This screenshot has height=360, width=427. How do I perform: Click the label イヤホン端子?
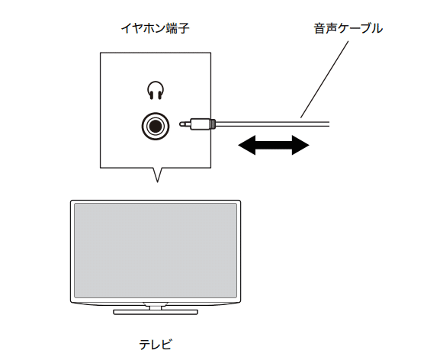pos(155,28)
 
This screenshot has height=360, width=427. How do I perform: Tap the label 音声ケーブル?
pos(348,28)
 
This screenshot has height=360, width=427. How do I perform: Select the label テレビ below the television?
pos(156,345)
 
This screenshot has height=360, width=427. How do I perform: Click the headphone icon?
pos(156,90)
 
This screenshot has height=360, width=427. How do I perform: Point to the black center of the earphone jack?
pos(156,127)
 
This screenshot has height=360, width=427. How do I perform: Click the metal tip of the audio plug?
pos(185,124)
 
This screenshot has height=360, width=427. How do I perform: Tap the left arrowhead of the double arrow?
pos(247,145)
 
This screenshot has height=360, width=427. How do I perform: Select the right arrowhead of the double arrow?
pos(300,145)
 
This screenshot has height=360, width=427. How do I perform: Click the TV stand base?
pos(156,312)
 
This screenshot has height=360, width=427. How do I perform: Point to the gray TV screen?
pos(156,250)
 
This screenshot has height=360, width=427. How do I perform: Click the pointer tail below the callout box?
pos(157,175)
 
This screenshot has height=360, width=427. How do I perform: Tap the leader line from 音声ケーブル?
pos(324,79)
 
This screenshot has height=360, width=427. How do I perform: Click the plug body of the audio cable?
pos(200,124)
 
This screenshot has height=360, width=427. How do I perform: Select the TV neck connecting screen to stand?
pos(156,307)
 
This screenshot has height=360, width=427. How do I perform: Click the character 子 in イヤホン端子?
pos(183,28)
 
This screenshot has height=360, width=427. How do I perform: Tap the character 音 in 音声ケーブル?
pos(319,28)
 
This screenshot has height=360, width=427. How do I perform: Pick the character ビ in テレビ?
pos(166,345)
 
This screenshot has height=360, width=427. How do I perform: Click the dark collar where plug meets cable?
pos(213,124)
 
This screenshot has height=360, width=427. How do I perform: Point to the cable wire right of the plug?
pos(273,124)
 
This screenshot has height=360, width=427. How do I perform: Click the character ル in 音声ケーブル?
pos(377,28)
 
